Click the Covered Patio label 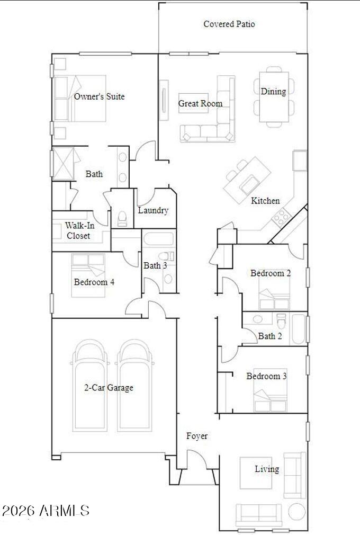pyautogui.click(x=229, y=24)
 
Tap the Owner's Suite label pyautogui.click(x=99, y=96)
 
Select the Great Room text pyautogui.click(x=201, y=103)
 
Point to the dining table pyautogui.click(x=274, y=96)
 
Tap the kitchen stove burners pyautogui.click(x=281, y=217)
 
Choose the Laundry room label pyautogui.click(x=153, y=210)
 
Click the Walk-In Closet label pyautogui.click(x=79, y=230)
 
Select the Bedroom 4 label pyautogui.click(x=94, y=282)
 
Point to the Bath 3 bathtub pyautogui.click(x=159, y=239)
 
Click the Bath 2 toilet pyautogui.click(x=281, y=321)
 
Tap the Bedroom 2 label pyautogui.click(x=271, y=273)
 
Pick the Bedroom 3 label pyautogui.click(x=267, y=376)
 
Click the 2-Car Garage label pyautogui.click(x=109, y=388)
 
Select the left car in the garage pyautogui.click(x=89, y=385)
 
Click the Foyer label pyautogui.click(x=197, y=436)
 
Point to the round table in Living pyautogui.click(x=297, y=512)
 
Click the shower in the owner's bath pyautogui.click(x=62, y=163)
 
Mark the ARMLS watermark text pyautogui.click(x=46, y=511)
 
